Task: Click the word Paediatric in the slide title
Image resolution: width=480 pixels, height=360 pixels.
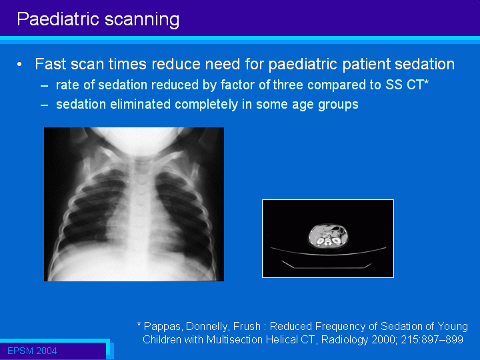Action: click(58, 19)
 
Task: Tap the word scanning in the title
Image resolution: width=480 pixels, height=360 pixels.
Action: click(142, 20)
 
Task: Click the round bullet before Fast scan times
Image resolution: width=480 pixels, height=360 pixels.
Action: click(19, 65)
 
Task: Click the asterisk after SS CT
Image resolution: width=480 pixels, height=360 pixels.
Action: click(426, 82)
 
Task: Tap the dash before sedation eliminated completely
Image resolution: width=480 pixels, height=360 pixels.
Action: click(45, 105)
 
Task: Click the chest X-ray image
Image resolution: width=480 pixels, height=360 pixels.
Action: click(134, 204)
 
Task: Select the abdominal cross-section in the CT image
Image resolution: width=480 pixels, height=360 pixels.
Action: click(328, 236)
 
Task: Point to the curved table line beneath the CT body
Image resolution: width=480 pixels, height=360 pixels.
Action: click(328, 253)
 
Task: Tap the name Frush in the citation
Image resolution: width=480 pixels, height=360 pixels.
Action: click(247, 326)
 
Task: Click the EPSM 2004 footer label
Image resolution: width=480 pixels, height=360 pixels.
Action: click(32, 351)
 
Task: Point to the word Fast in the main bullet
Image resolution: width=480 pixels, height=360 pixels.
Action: click(50, 64)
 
